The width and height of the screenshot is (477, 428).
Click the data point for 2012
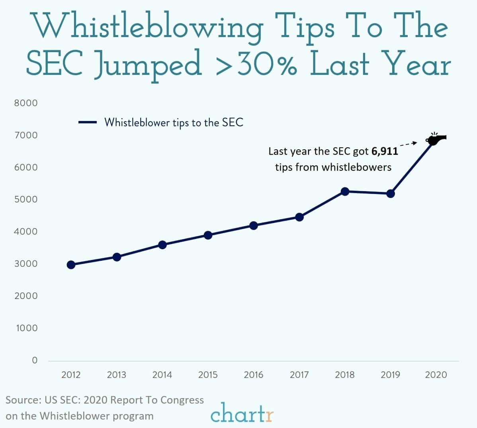pyautogui.click(x=71, y=265)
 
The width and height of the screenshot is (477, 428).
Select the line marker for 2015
pyautogui.click(x=208, y=235)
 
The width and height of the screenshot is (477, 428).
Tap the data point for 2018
pyautogui.click(x=345, y=192)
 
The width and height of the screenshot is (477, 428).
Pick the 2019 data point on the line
pyautogui.click(x=391, y=193)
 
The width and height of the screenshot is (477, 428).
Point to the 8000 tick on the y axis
pyautogui.click(x=26, y=103)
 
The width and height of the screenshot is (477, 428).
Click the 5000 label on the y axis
pyautogui.click(x=26, y=199)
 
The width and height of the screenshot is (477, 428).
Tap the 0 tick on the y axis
pyautogui.click(x=35, y=360)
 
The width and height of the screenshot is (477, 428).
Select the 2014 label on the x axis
pyautogui.click(x=162, y=375)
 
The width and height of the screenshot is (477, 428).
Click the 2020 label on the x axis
pyautogui.click(x=436, y=375)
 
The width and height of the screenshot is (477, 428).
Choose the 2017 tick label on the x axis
pyautogui.click(x=299, y=375)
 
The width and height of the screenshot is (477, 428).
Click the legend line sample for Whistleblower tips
pyautogui.click(x=88, y=123)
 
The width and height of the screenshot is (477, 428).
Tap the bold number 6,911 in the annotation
pyautogui.click(x=384, y=151)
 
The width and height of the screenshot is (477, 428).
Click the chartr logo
pyautogui.click(x=242, y=413)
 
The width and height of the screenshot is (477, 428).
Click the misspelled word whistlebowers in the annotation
pyautogui.click(x=356, y=167)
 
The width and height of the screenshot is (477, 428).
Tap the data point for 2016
pyautogui.click(x=254, y=225)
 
